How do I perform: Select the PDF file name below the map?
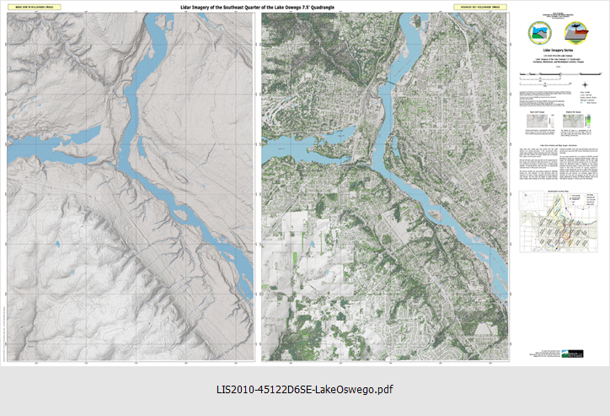pos(305,390)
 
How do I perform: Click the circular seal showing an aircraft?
pos(581,32)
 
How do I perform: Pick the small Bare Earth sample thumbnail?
pos(536,121)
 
